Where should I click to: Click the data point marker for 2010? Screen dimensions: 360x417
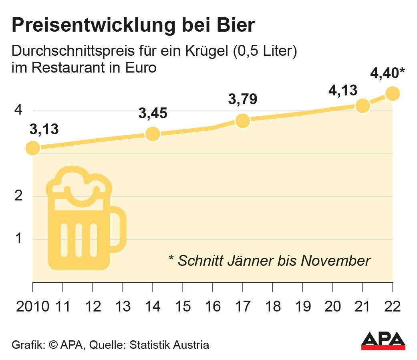click(33, 148)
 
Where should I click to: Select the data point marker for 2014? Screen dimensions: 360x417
click(153, 134)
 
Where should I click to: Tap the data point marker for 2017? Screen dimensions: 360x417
click(243, 121)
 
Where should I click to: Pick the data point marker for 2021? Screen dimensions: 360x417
click(363, 106)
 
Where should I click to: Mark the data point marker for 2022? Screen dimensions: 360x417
click(393, 93)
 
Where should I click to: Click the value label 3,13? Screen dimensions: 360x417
click(44, 129)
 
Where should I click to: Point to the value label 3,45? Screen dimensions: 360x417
click(153, 113)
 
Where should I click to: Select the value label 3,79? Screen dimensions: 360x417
click(243, 99)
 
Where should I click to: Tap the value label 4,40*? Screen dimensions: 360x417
click(387, 74)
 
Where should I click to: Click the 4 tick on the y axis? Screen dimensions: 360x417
click(18, 111)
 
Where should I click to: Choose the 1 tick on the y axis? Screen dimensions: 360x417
click(18, 239)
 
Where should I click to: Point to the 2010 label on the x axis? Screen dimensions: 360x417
click(33, 307)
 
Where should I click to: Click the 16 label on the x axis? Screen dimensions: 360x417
click(213, 307)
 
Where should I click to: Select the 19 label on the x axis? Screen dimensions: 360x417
click(303, 307)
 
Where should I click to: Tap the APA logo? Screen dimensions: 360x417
click(383, 341)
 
